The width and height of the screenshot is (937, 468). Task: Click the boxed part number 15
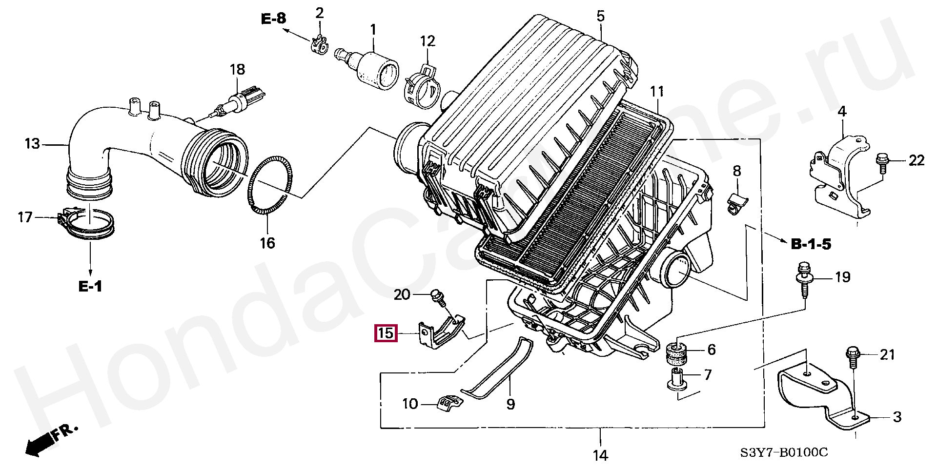tap(386, 333)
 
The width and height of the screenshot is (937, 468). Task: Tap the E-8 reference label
tap(273, 19)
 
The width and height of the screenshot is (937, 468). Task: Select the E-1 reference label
tap(90, 286)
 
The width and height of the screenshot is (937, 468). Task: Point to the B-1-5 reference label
tap(811, 244)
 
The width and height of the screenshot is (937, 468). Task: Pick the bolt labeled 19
tap(804, 280)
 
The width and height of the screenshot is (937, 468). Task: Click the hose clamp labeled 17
tap(88, 224)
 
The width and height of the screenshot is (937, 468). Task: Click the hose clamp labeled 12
tap(423, 88)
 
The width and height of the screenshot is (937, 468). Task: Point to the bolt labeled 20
tap(438, 297)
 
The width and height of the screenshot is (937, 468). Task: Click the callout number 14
tap(600, 455)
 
